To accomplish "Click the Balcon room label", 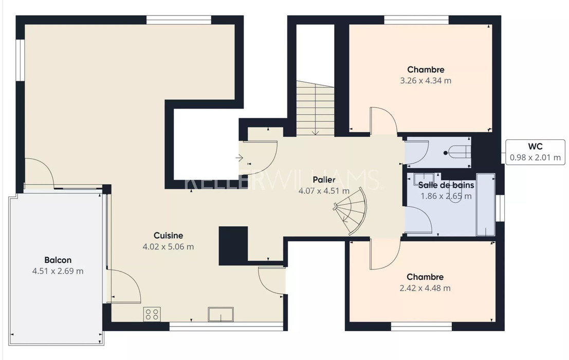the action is click(x=58, y=260).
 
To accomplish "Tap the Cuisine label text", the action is click(x=168, y=236).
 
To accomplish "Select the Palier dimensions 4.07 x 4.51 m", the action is click(x=324, y=191).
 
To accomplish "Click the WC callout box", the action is click(x=535, y=152).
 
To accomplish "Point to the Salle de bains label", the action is click(x=446, y=185).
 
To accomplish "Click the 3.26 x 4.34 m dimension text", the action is click(x=426, y=81).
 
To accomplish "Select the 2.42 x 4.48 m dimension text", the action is click(x=425, y=288).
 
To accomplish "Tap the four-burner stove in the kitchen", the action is click(x=152, y=314).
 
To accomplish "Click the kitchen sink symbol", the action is click(x=221, y=314).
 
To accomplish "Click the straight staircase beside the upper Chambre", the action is click(x=316, y=108).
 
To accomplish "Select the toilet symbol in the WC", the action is click(x=458, y=152).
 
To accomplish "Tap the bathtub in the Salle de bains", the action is click(x=486, y=205).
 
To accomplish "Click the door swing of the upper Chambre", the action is click(x=383, y=121).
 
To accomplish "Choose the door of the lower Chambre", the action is click(x=385, y=254).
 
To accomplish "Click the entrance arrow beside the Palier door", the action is click(x=239, y=158).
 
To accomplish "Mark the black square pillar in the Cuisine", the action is click(x=233, y=246).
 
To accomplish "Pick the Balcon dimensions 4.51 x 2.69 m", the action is click(x=58, y=271).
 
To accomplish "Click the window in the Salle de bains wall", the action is click(x=500, y=208).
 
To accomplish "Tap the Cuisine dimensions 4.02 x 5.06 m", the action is click(x=168, y=247).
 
